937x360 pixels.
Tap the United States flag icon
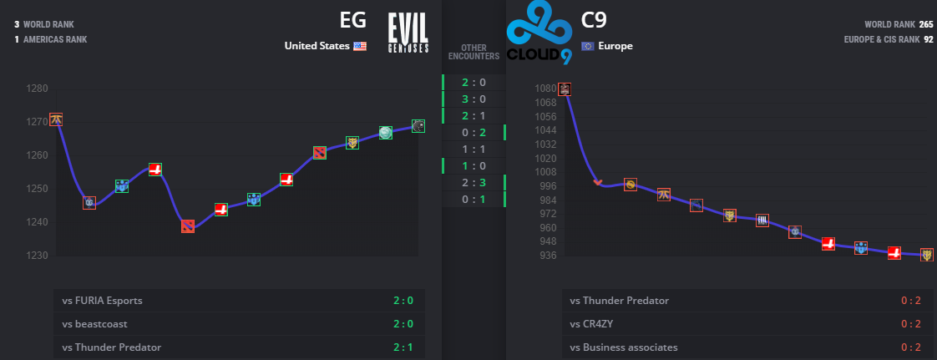tap(360, 46)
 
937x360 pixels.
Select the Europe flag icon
tap(587, 46)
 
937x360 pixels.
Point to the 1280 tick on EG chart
tap(38, 89)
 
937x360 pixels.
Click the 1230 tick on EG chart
tap(38, 256)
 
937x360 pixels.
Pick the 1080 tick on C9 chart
tap(544, 89)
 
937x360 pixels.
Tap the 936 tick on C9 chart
tap(547, 255)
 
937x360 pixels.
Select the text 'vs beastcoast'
tap(94, 324)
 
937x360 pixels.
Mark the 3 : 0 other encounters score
tap(474, 99)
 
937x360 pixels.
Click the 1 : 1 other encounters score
tap(474, 150)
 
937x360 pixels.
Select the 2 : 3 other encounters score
tap(474, 183)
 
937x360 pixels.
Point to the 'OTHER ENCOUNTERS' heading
tap(474, 52)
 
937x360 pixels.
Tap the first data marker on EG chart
tap(56, 119)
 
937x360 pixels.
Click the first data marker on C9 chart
tap(565, 89)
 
